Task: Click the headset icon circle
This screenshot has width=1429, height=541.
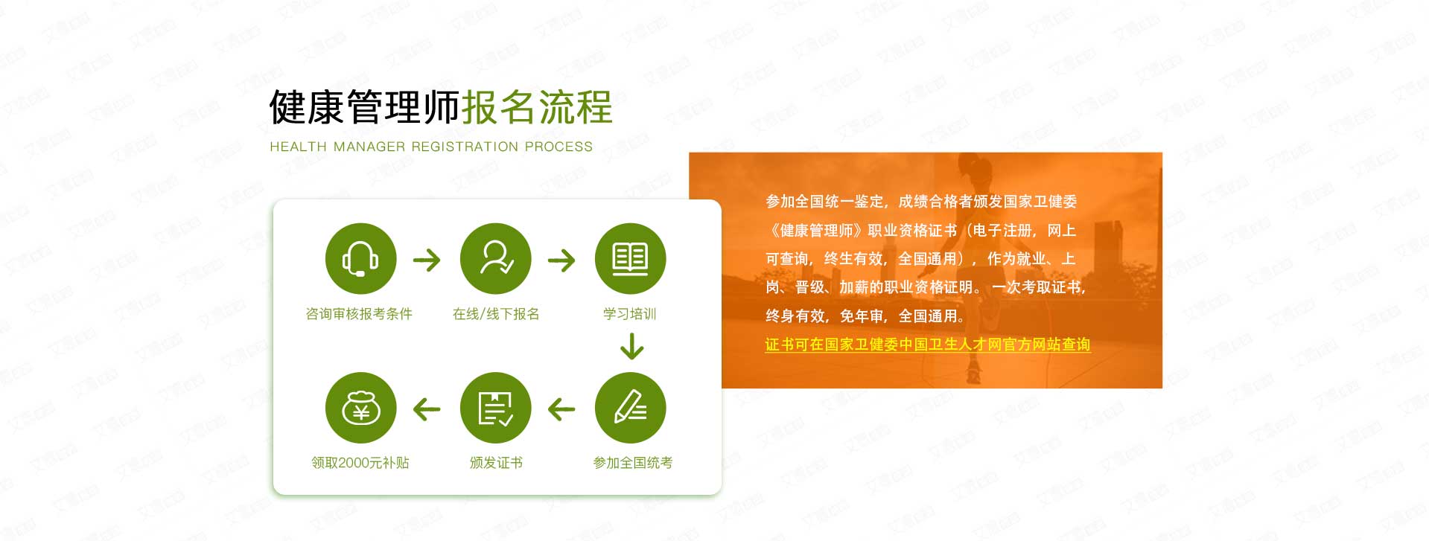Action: [360, 259]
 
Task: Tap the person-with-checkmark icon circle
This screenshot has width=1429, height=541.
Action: [496, 259]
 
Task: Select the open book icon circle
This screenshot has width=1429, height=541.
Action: [630, 259]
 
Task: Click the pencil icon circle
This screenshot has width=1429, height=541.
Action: [630, 408]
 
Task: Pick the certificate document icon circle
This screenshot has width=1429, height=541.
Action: [496, 408]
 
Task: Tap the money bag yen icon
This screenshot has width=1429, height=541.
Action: [360, 408]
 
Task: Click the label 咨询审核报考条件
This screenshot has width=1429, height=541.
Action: [359, 314]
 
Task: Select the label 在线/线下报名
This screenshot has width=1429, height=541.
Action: [496, 314]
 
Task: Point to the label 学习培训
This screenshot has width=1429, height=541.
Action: [630, 314]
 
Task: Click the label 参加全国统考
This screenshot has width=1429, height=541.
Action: [633, 463]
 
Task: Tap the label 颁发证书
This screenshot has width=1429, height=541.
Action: [496, 463]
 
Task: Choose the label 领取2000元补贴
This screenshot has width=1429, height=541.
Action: [360, 463]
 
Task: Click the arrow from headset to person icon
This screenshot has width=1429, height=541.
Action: [427, 260]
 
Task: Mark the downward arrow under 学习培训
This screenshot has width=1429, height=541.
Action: [631, 347]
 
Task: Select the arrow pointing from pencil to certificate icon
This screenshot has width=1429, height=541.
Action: [561, 409]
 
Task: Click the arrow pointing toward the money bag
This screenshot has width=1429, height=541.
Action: [427, 409]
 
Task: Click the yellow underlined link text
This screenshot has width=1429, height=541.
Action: [928, 345]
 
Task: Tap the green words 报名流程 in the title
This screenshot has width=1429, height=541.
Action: [537, 107]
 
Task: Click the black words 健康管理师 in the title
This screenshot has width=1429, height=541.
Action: [365, 107]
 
